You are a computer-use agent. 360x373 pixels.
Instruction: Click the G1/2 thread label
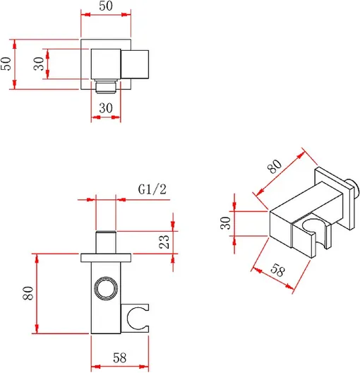(x=152, y=189)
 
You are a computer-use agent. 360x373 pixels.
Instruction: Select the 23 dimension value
(x=164, y=242)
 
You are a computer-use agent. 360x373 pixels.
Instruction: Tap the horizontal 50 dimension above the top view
(x=106, y=6)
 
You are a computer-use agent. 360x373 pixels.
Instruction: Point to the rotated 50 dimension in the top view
(x=6, y=64)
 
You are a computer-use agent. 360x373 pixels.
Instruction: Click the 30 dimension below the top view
(x=106, y=108)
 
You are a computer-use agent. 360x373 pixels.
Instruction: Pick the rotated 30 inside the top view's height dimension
(x=39, y=64)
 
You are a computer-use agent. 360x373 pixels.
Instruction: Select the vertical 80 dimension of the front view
(x=28, y=293)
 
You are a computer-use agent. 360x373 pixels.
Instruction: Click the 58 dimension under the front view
(x=119, y=357)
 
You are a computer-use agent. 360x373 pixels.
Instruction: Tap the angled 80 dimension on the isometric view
(x=275, y=166)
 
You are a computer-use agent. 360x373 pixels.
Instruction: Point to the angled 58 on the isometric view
(x=277, y=271)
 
